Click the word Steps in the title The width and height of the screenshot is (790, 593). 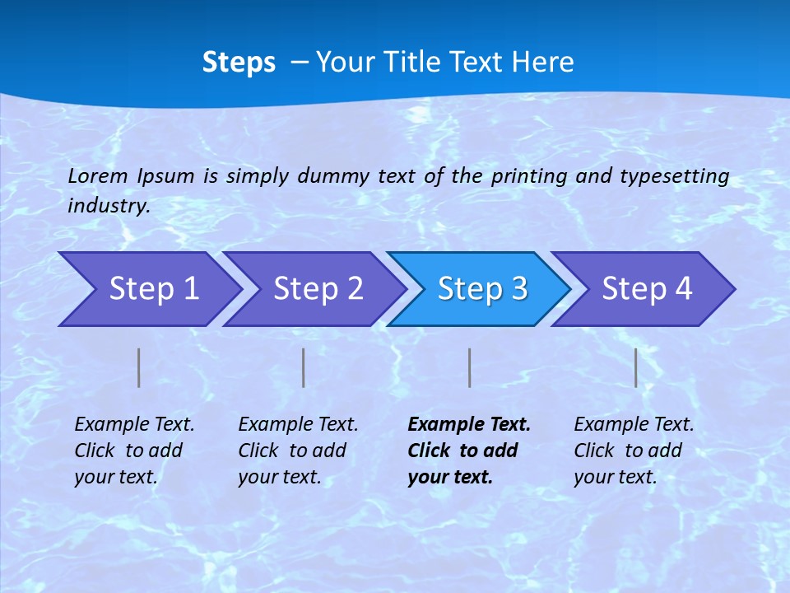[239, 63]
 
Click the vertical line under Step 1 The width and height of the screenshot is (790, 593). [139, 367]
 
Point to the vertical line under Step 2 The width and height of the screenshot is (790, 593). [304, 367]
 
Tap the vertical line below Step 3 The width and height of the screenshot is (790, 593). [469, 367]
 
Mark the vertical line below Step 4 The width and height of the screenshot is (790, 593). [636, 367]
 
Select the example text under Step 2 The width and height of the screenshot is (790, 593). [297, 451]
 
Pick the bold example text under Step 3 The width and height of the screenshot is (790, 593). [468, 451]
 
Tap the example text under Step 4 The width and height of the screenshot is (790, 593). [633, 451]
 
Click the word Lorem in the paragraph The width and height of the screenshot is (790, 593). [98, 175]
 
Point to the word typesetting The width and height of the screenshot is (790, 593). [674, 176]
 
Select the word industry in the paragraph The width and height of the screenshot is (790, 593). [108, 205]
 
